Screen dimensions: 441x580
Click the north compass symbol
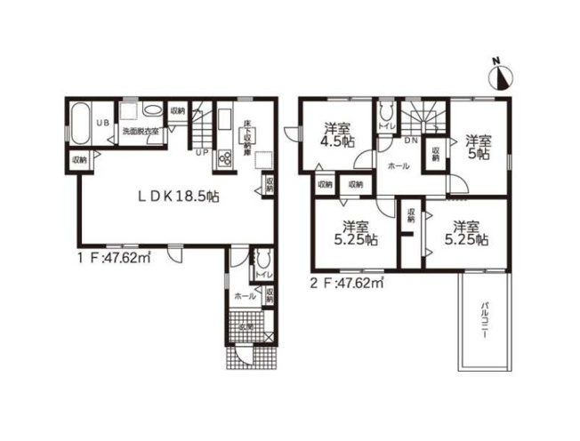501,76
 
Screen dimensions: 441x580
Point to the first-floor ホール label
240,294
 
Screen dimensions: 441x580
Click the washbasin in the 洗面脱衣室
152,112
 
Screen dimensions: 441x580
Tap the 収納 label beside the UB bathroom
78,160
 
